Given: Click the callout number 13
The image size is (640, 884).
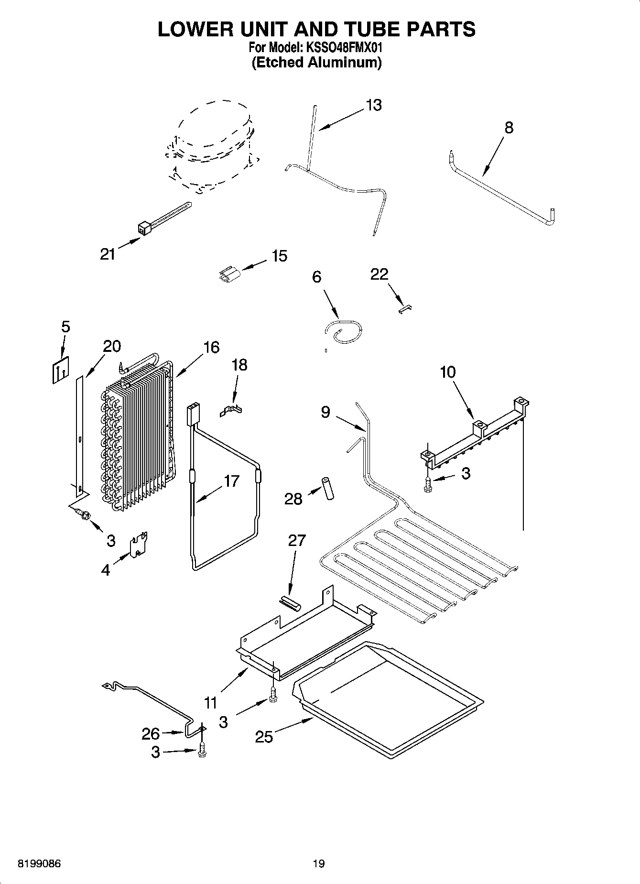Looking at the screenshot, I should (374, 105).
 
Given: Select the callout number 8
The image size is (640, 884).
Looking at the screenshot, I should (509, 128).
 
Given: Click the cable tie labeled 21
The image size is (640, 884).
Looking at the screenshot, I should (163, 218).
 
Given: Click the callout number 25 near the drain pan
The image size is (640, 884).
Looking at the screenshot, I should (263, 737).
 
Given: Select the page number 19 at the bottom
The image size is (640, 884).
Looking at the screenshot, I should (318, 863).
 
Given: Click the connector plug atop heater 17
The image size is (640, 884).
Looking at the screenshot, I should (193, 413).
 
